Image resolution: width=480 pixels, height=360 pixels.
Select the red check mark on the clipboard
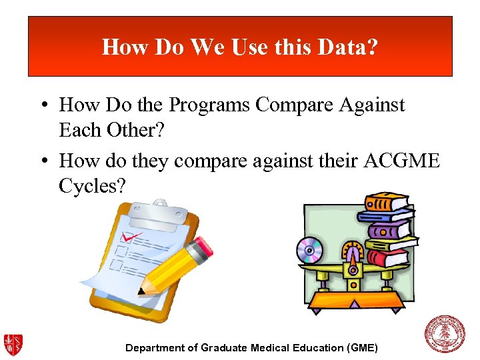[131, 237]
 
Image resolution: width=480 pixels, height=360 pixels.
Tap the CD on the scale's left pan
[309, 250]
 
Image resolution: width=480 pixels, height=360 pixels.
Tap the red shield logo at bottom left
[13, 344]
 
